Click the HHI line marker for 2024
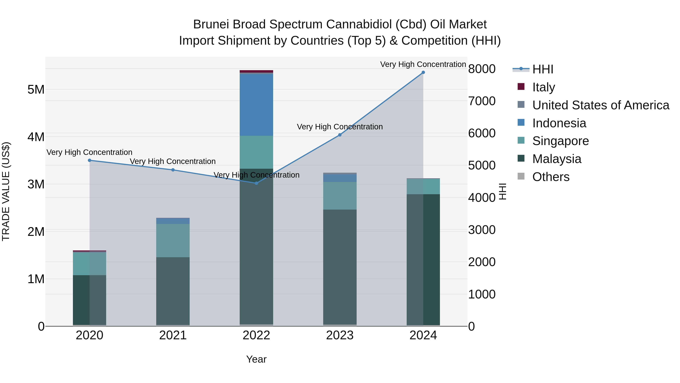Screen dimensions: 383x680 click(x=423, y=72)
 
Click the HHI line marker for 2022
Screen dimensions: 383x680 click(x=256, y=183)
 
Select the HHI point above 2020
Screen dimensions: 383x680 click(x=90, y=160)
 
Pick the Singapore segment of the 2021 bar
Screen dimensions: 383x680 click(x=173, y=241)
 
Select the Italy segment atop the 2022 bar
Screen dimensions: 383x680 click(x=256, y=71)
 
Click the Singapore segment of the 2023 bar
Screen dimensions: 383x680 click(x=340, y=196)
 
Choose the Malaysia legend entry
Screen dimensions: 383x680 click(x=556, y=159)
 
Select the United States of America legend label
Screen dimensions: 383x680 click(x=600, y=105)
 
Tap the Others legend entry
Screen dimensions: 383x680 click(x=551, y=177)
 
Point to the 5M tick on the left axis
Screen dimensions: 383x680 click(x=36, y=90)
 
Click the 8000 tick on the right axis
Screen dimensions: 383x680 click(x=482, y=69)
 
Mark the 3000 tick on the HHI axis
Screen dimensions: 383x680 click(x=482, y=230)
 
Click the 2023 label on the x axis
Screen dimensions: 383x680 click(x=340, y=335)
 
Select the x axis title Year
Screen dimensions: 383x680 click(x=256, y=359)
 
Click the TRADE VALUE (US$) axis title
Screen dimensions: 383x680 click(x=6, y=191)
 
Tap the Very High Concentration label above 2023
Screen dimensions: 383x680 click(x=340, y=127)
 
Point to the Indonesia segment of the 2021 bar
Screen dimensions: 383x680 click(x=173, y=221)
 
